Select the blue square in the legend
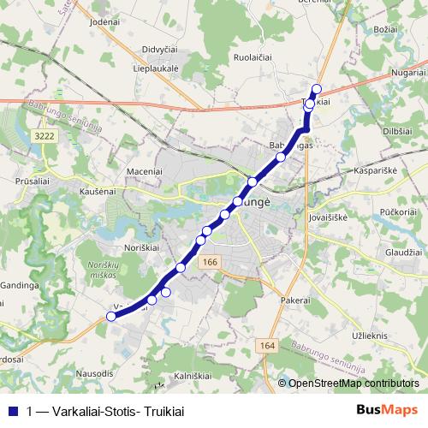pos(13,411)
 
